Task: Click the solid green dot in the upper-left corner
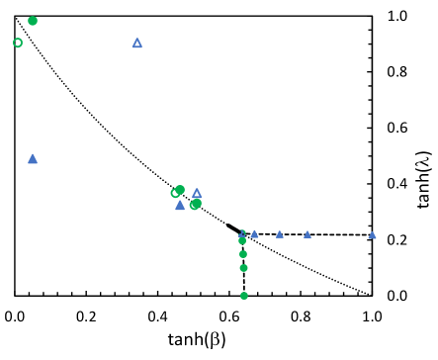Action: [x=33, y=21]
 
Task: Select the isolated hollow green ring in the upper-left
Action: [x=18, y=43]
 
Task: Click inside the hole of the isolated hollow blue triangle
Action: [x=137, y=44]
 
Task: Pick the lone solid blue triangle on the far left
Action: [x=33, y=158]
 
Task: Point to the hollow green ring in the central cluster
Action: [x=175, y=194]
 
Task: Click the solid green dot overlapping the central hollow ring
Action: [x=180, y=190]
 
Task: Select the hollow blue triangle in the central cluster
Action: [x=197, y=194]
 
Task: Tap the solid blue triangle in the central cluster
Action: [x=180, y=206]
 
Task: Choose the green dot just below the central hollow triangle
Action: [x=195, y=205]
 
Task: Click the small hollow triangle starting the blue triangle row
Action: [x=241, y=234]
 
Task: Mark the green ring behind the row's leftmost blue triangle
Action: [x=244, y=232]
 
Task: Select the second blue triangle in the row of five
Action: [x=254, y=234]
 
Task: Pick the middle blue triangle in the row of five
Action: [x=280, y=234]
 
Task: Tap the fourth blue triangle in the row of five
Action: [x=307, y=234]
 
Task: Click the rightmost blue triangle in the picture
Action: [x=373, y=235]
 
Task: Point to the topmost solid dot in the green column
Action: [x=242, y=240]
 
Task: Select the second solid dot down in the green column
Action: [x=243, y=254]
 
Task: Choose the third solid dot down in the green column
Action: [x=243, y=268]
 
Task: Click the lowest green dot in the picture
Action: [x=244, y=296]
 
